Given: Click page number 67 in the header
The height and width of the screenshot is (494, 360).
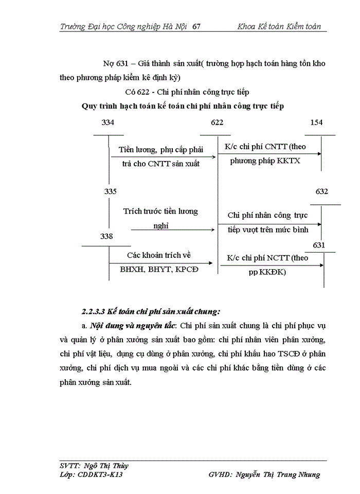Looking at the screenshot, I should point(196,26).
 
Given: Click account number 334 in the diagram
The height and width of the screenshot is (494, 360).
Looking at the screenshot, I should point(108,122).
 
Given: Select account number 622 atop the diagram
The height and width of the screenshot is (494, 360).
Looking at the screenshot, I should point(218,122).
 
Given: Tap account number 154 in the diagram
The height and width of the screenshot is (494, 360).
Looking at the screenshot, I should point(317,122).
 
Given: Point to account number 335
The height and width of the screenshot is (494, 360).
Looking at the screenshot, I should point(111,191).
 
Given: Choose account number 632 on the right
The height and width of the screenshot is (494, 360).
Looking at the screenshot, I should point(322,191).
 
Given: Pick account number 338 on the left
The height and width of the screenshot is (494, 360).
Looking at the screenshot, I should point(107,236).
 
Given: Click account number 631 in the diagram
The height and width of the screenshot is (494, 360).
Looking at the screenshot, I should point(319,245).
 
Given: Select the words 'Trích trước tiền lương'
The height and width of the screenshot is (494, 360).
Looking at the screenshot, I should point(160,211).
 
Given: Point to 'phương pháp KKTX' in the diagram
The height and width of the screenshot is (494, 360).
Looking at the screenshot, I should point(265,161).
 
